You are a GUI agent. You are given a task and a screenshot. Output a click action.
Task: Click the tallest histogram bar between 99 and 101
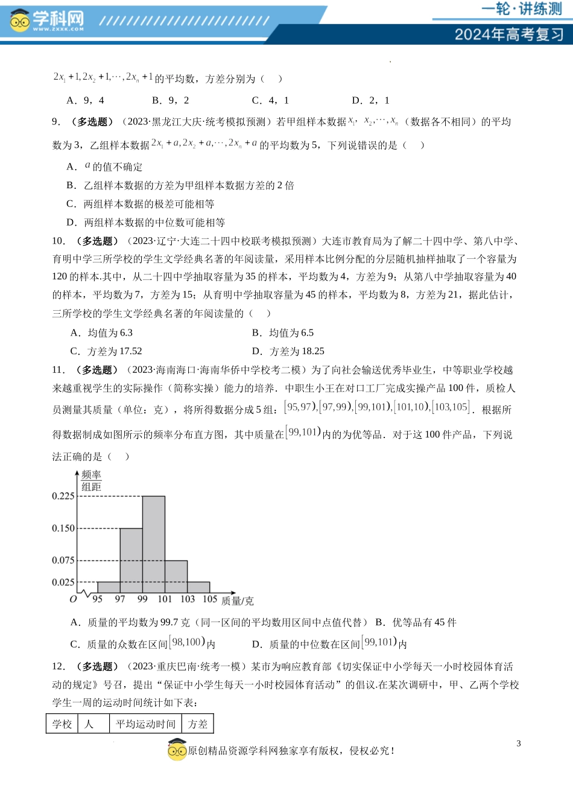(x=153, y=544)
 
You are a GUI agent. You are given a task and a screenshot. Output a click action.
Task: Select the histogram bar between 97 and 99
(x=131, y=560)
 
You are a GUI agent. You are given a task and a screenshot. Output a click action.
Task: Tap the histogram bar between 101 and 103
(x=176, y=576)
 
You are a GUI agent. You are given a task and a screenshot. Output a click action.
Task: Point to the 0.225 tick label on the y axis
(x=63, y=496)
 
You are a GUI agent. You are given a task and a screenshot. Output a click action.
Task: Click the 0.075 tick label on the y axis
(x=63, y=560)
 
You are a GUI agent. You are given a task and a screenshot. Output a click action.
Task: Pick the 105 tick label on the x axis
(x=210, y=599)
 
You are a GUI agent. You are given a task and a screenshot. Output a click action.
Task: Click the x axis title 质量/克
(x=237, y=601)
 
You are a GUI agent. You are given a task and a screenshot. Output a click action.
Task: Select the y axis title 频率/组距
(x=92, y=481)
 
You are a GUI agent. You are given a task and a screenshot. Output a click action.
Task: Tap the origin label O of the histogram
(x=73, y=599)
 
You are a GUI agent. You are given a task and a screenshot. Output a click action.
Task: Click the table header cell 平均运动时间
(x=145, y=724)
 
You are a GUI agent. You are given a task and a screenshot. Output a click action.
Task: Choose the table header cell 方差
(x=197, y=724)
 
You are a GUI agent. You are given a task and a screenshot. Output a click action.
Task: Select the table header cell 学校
(x=62, y=724)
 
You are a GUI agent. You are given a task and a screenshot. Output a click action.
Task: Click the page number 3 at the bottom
(x=518, y=743)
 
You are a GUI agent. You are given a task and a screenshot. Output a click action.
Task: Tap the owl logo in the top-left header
(x=19, y=21)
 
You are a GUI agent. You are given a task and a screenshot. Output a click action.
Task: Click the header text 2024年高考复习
(x=509, y=34)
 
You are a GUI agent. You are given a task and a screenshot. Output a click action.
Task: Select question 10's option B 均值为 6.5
(x=283, y=333)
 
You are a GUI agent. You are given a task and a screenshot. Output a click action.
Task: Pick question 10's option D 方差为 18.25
(x=288, y=351)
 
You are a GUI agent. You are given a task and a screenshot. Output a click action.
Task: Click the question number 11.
(x=58, y=370)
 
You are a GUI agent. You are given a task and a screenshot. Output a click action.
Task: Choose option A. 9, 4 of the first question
(x=85, y=100)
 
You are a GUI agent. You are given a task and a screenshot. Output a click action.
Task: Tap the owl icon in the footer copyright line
(x=177, y=750)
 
